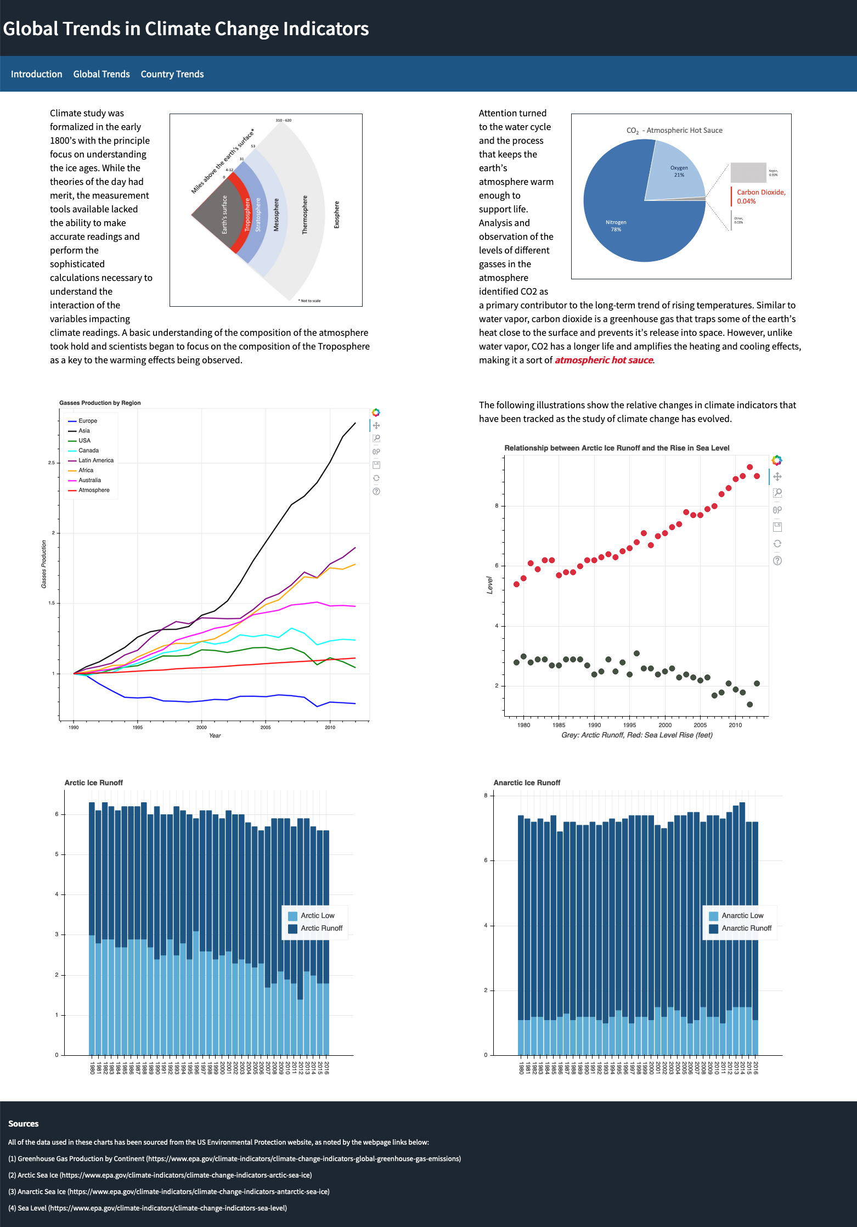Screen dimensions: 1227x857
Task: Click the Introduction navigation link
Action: click(x=36, y=74)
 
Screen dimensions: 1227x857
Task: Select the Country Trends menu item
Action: click(x=172, y=74)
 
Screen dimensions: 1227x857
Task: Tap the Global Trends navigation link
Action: click(x=102, y=74)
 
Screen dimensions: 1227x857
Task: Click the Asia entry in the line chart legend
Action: click(x=84, y=431)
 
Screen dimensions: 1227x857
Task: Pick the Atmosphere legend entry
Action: click(x=94, y=490)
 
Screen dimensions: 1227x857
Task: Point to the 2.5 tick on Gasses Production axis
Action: click(x=51, y=463)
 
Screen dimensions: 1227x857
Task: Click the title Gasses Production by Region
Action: click(x=100, y=403)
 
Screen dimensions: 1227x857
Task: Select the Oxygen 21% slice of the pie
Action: click(x=679, y=171)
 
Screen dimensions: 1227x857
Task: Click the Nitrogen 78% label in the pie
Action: click(x=616, y=226)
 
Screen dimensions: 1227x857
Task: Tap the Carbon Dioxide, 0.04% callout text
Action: click(x=760, y=196)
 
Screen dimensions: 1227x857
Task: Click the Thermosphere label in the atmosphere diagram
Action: click(x=305, y=215)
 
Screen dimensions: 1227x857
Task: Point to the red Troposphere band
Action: click(x=247, y=214)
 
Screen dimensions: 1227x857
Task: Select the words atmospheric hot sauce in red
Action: click(x=604, y=360)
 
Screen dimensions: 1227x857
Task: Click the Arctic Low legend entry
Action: click(x=317, y=915)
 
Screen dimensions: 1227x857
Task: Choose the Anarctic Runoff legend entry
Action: click(x=746, y=928)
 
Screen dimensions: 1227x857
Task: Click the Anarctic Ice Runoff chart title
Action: click(x=527, y=783)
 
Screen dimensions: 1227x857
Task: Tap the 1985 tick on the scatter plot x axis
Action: click(x=559, y=725)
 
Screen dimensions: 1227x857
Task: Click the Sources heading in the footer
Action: click(x=24, y=1123)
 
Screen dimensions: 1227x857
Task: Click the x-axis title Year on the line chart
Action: click(x=215, y=735)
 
